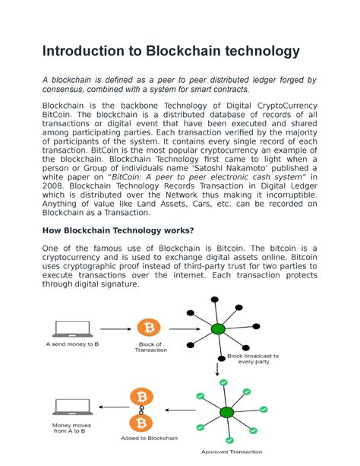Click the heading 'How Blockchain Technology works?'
click(118, 230)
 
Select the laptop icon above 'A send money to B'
click(73, 328)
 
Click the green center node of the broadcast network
click(218, 329)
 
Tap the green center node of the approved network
click(226, 412)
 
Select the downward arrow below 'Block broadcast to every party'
click(218, 372)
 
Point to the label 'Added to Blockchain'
click(149, 438)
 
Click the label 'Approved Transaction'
click(232, 452)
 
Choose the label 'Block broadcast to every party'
click(253, 359)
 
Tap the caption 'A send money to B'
click(72, 344)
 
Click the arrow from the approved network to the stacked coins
click(181, 411)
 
